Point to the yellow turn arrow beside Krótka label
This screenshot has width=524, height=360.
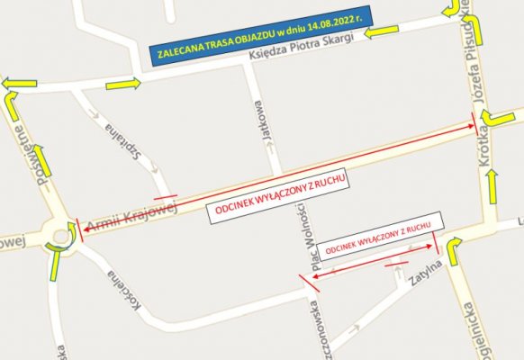pos(496,118)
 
